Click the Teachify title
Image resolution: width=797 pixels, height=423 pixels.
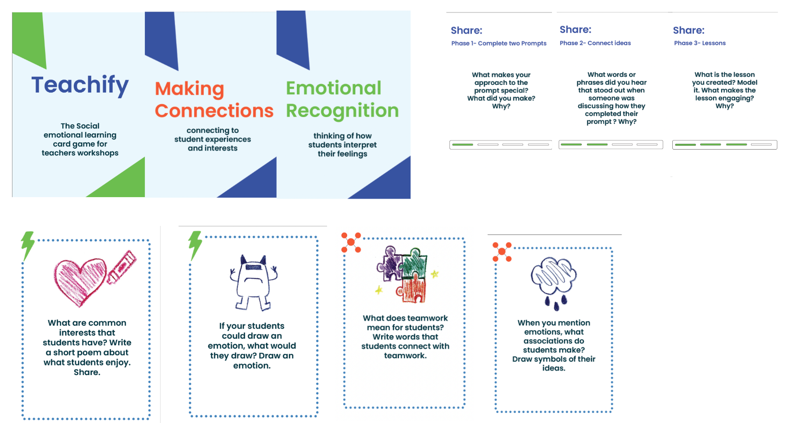[80, 85]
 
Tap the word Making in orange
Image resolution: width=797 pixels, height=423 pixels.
[189, 89]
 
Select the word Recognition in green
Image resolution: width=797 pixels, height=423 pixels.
[342, 111]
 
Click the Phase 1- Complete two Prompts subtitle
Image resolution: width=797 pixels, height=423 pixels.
[499, 43]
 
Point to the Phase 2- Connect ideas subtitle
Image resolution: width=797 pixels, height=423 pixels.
[595, 43]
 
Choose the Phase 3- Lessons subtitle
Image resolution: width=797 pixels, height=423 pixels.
[700, 43]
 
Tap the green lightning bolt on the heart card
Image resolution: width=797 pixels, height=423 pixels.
[27, 245]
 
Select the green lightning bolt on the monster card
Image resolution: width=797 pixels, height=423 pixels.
[195, 244]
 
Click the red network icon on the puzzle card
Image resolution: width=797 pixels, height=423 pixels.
[351, 242]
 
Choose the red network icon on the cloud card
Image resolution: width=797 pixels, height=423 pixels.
[502, 252]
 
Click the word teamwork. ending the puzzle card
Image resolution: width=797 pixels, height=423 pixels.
[405, 355]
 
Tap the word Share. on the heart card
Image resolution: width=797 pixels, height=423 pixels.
[87, 372]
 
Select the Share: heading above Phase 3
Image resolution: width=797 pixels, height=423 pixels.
[688, 31]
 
